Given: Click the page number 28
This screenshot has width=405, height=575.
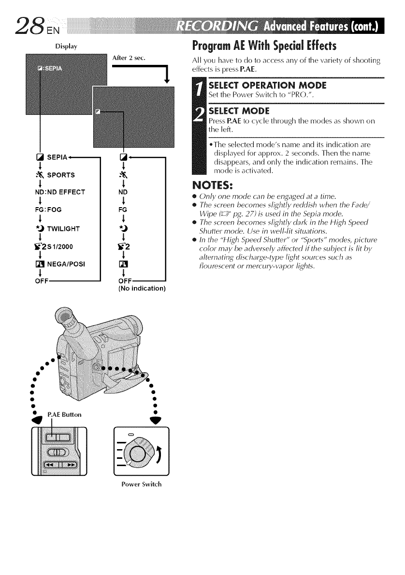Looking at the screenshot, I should click(19, 22).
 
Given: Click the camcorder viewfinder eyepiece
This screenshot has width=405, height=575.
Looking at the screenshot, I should click(67, 317).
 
